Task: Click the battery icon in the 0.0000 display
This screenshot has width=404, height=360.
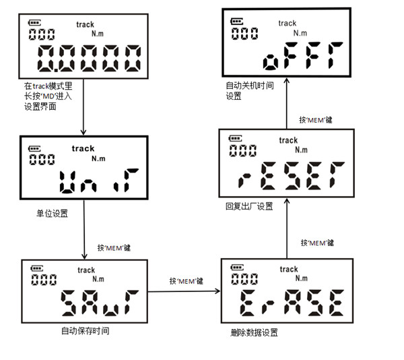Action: (34, 23)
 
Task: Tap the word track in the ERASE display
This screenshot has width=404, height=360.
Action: (289, 269)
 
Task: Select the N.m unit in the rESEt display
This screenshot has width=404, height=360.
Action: (301, 150)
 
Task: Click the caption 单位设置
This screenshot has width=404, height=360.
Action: (53, 214)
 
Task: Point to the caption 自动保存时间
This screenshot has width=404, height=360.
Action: (86, 331)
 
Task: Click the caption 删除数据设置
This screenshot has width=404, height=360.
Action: (254, 332)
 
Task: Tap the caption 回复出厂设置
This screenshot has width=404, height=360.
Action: (249, 206)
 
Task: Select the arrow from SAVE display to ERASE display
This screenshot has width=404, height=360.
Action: (184, 291)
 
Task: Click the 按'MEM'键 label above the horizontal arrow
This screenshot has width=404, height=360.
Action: (187, 281)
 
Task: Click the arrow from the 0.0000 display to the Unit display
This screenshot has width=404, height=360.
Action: (83, 107)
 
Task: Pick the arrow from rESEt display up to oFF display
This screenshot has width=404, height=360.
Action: (287, 103)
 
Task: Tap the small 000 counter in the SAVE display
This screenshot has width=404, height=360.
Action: (44, 280)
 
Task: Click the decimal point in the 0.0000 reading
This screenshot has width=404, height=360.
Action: (56, 69)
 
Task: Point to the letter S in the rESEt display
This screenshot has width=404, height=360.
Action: (292, 176)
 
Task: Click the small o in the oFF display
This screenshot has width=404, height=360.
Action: (271, 62)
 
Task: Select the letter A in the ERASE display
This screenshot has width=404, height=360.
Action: (292, 302)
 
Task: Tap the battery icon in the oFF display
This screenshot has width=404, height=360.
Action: (236, 22)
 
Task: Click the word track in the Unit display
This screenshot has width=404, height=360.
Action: (83, 148)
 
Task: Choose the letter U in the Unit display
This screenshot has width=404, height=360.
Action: (67, 182)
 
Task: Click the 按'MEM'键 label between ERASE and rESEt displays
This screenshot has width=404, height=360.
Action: (317, 243)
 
